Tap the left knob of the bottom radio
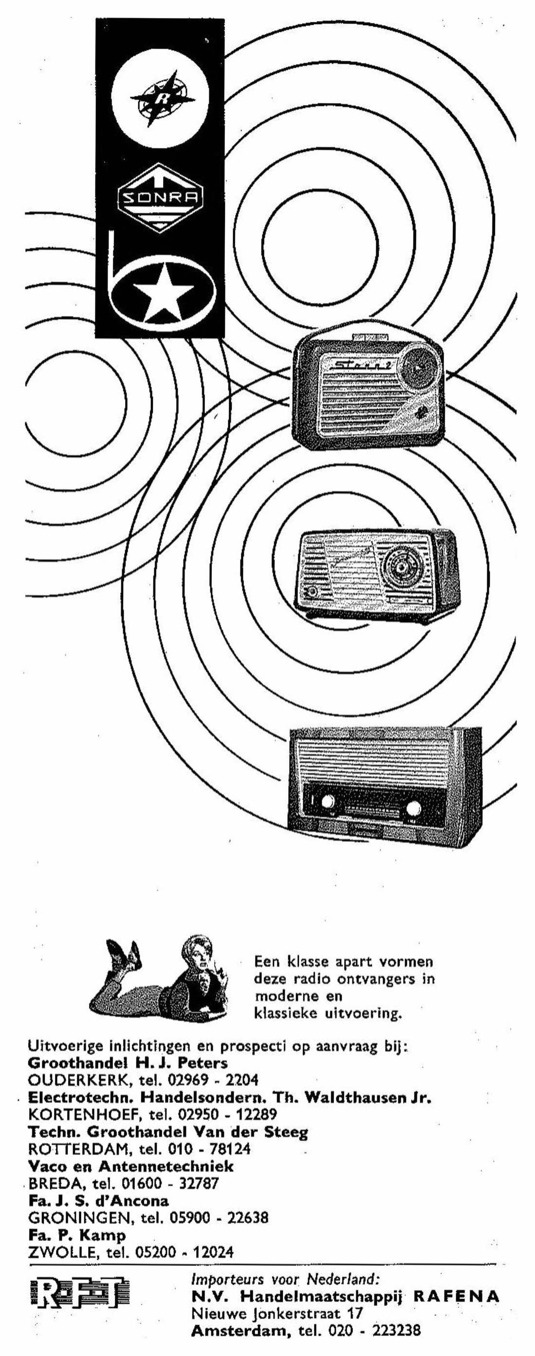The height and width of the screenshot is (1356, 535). point(327,802)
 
